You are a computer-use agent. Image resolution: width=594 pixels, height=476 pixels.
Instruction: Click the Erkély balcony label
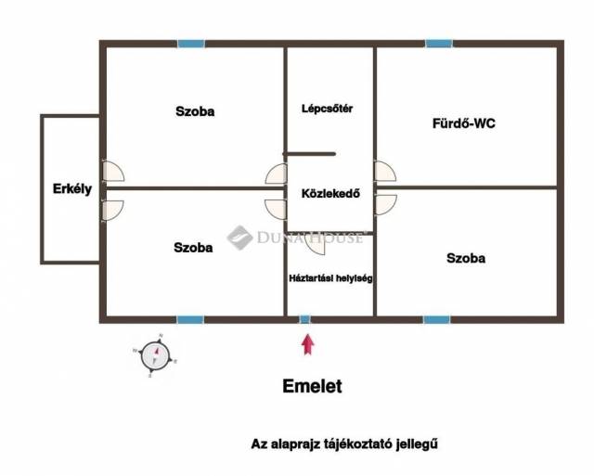point(72,189)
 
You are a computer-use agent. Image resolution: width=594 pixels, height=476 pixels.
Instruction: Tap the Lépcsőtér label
point(328,109)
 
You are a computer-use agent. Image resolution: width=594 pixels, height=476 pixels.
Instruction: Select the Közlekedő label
point(330,194)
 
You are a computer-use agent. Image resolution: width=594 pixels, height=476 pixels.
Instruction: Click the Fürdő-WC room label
point(464,123)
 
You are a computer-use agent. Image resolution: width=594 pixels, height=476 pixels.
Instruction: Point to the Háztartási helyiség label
point(330,278)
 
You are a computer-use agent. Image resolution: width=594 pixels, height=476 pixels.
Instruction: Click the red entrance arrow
point(307,344)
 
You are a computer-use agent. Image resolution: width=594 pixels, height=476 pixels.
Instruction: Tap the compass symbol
point(155,355)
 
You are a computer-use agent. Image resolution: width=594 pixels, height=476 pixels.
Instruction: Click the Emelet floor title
point(312,386)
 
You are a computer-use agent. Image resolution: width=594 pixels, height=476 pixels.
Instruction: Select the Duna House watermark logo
point(295,238)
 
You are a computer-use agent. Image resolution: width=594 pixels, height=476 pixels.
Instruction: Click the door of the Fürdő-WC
point(385,171)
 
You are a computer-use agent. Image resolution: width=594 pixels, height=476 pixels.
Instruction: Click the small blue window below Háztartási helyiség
point(305,319)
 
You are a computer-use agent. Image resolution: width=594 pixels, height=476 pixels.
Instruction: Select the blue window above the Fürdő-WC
point(439,44)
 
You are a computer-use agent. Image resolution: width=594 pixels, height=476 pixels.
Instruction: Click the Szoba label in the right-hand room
point(466,258)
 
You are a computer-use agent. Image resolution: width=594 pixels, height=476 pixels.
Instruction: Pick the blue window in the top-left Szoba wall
point(191,44)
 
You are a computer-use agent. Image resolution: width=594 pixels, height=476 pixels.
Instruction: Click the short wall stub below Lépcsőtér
point(309,154)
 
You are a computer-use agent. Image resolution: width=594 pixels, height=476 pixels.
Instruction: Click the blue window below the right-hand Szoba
point(437,319)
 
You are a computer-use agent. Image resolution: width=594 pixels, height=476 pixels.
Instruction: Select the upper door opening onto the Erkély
point(113,171)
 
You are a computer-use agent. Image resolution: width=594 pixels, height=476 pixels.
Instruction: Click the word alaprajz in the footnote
point(296,444)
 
